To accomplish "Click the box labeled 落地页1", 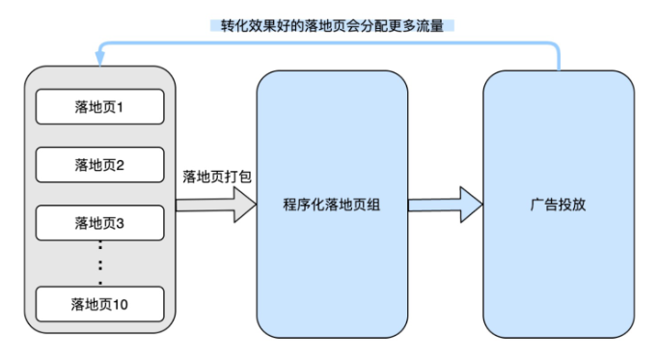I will pyautogui.click(x=100, y=106).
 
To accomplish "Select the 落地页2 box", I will pyautogui.click(x=100, y=164).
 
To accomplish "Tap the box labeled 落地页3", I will pyautogui.click(x=100, y=223).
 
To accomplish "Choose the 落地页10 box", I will pyautogui.click(x=100, y=304).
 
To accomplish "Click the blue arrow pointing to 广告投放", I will pyautogui.click(x=445, y=205).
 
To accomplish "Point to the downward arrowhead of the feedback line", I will pyautogui.click(x=99, y=61).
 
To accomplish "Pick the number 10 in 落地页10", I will pyautogui.click(x=122, y=304).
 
